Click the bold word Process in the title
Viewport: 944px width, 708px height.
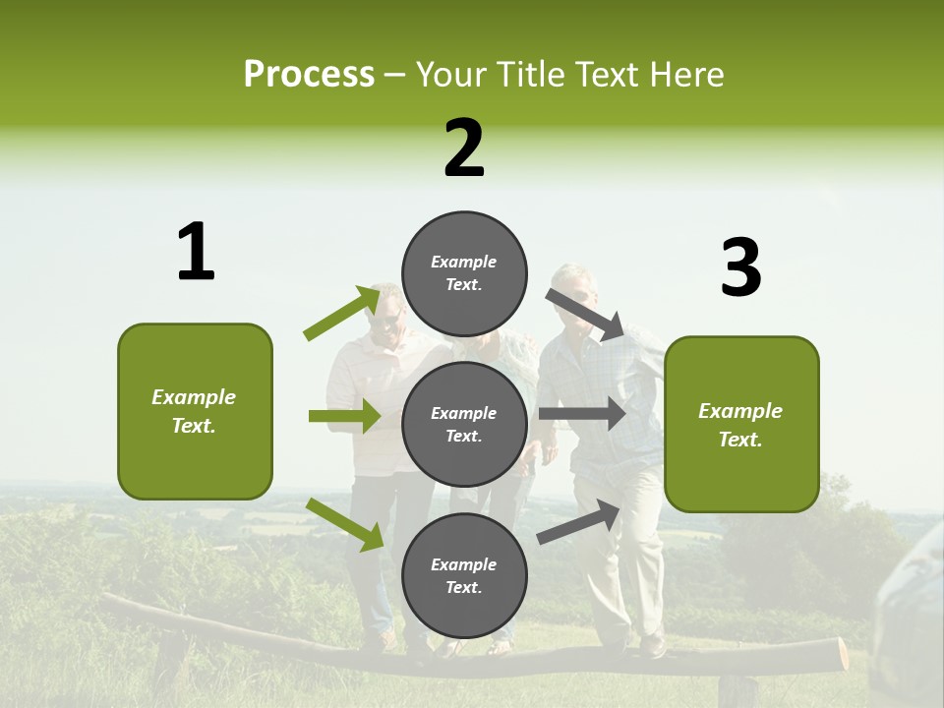pyautogui.click(x=309, y=75)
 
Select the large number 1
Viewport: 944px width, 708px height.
pyautogui.click(x=196, y=253)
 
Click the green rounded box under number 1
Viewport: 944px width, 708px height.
pyautogui.click(x=195, y=411)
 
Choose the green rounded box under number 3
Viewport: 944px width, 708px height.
pyautogui.click(x=741, y=425)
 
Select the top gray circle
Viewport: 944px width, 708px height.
pyautogui.click(x=464, y=273)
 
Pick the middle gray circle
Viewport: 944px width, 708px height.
pyautogui.click(x=464, y=425)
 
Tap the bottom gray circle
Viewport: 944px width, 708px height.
pyautogui.click(x=464, y=576)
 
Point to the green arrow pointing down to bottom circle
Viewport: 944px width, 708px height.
pyautogui.click(x=344, y=523)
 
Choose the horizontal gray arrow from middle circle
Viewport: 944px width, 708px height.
pyautogui.click(x=582, y=413)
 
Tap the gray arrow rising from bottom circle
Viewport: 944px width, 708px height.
pyautogui.click(x=578, y=521)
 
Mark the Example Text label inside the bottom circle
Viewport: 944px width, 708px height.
pyautogui.click(x=464, y=576)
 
